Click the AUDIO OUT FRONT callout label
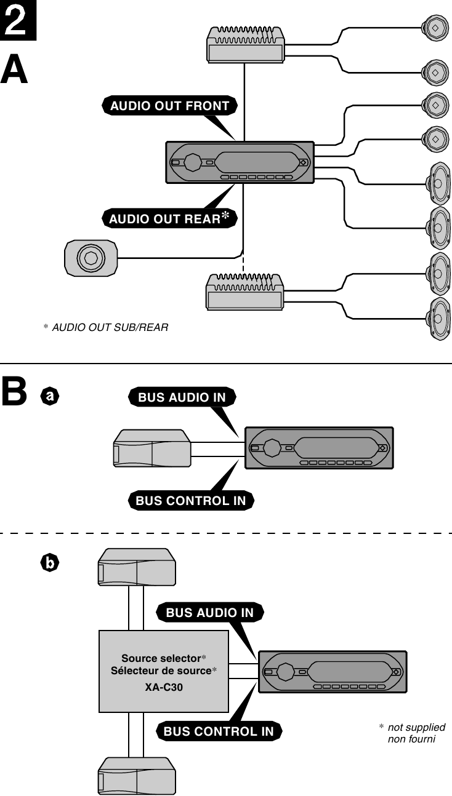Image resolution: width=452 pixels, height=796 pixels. coord(169,106)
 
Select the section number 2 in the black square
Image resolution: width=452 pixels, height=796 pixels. coord(18,20)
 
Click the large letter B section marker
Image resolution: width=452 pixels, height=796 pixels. coord(15,392)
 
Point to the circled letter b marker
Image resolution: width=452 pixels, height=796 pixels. coord(49,562)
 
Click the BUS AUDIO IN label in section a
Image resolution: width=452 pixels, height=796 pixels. coord(182,398)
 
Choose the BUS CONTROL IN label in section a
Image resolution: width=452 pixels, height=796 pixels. coord(191,501)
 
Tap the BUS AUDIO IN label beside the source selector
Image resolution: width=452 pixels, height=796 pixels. coord(210,613)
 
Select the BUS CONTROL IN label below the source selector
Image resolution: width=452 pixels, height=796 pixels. coord(219,731)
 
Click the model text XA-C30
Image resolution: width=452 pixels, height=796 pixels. coord(164,687)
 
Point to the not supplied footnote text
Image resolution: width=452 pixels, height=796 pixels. coord(416,728)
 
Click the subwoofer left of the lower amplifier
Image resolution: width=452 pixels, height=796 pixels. coord(91,258)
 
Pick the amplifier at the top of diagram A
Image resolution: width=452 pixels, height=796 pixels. coord(245,45)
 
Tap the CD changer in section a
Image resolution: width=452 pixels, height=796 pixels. coord(152,448)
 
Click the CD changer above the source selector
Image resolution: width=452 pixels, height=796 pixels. coord(137,567)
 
